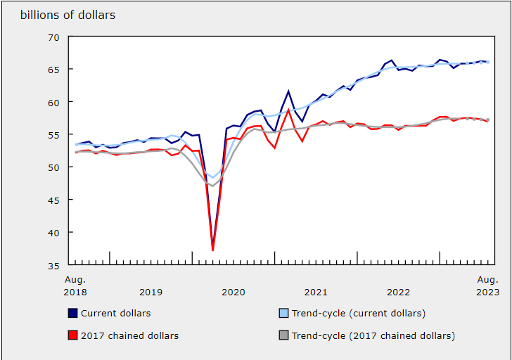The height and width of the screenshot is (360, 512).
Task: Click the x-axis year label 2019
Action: click(x=151, y=292)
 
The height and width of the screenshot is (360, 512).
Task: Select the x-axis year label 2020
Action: click(x=233, y=292)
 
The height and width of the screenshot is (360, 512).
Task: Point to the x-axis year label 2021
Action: click(x=316, y=292)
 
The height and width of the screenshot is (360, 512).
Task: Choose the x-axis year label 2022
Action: click(x=398, y=292)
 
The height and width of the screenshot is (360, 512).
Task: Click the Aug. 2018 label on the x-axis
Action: click(x=75, y=285)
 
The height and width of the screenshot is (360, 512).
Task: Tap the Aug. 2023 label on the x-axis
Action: click(x=487, y=285)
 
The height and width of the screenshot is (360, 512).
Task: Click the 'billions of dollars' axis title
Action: click(x=68, y=15)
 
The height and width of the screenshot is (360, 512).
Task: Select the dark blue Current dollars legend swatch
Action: click(x=72, y=313)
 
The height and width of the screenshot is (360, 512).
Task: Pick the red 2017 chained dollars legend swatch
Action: click(x=72, y=335)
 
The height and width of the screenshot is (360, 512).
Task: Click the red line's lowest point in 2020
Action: click(x=212, y=250)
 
